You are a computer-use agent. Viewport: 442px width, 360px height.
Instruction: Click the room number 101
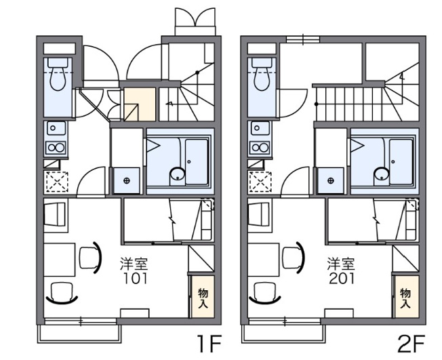click(x=136, y=279)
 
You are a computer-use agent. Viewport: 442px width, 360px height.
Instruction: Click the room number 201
click(x=342, y=279)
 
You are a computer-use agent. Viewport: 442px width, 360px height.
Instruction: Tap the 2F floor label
click(x=411, y=344)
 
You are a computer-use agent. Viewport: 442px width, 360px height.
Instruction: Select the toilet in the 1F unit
click(x=58, y=74)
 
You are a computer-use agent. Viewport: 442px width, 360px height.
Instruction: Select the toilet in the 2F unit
click(x=262, y=74)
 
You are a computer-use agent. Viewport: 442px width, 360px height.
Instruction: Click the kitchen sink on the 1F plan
click(x=56, y=128)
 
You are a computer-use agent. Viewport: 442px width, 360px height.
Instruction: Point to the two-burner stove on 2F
click(x=260, y=147)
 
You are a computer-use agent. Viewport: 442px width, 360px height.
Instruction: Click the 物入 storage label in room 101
click(x=203, y=298)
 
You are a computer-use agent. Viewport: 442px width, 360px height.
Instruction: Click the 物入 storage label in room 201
click(x=405, y=298)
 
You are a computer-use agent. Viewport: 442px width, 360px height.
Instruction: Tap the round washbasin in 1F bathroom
click(x=178, y=174)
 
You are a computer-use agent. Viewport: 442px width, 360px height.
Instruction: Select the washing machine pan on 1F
click(x=126, y=180)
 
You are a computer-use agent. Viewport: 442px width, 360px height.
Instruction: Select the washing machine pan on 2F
click(x=331, y=180)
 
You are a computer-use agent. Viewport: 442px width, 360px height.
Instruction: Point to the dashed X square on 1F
click(x=57, y=182)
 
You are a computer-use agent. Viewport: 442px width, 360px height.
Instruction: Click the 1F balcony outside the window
click(x=79, y=334)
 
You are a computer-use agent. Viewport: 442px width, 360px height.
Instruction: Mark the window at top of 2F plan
click(x=303, y=39)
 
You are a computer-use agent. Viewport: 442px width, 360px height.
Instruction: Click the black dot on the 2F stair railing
click(x=317, y=104)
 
